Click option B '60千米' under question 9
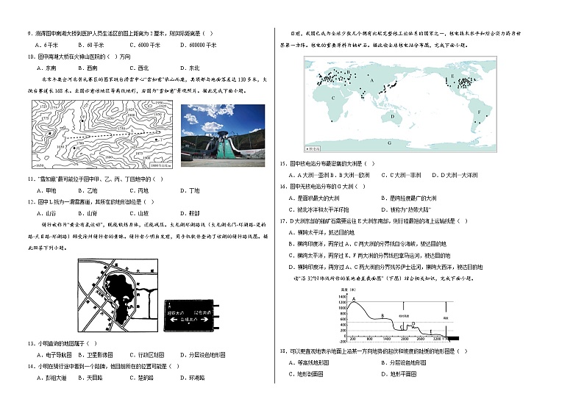click(x=93, y=44)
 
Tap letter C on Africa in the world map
click(x=333, y=97)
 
